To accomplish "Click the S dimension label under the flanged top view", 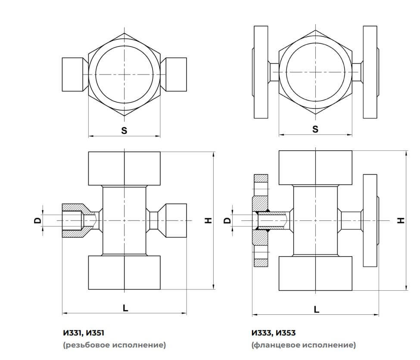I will pos(315,129).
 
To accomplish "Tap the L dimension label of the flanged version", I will pos(317,309).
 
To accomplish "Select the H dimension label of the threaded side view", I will pos(209,220).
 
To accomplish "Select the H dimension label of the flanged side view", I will pos(401,220).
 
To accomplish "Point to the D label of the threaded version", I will pos(38,220).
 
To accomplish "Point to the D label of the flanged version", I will pos(228,220).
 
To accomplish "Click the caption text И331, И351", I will pos(84,333).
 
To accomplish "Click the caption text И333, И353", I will pos(274,333).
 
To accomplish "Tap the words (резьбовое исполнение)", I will pos(114,345).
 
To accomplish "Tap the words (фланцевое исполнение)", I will pos(304,345).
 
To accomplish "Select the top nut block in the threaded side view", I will pos(124,169).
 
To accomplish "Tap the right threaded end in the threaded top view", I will pos(176,74).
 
